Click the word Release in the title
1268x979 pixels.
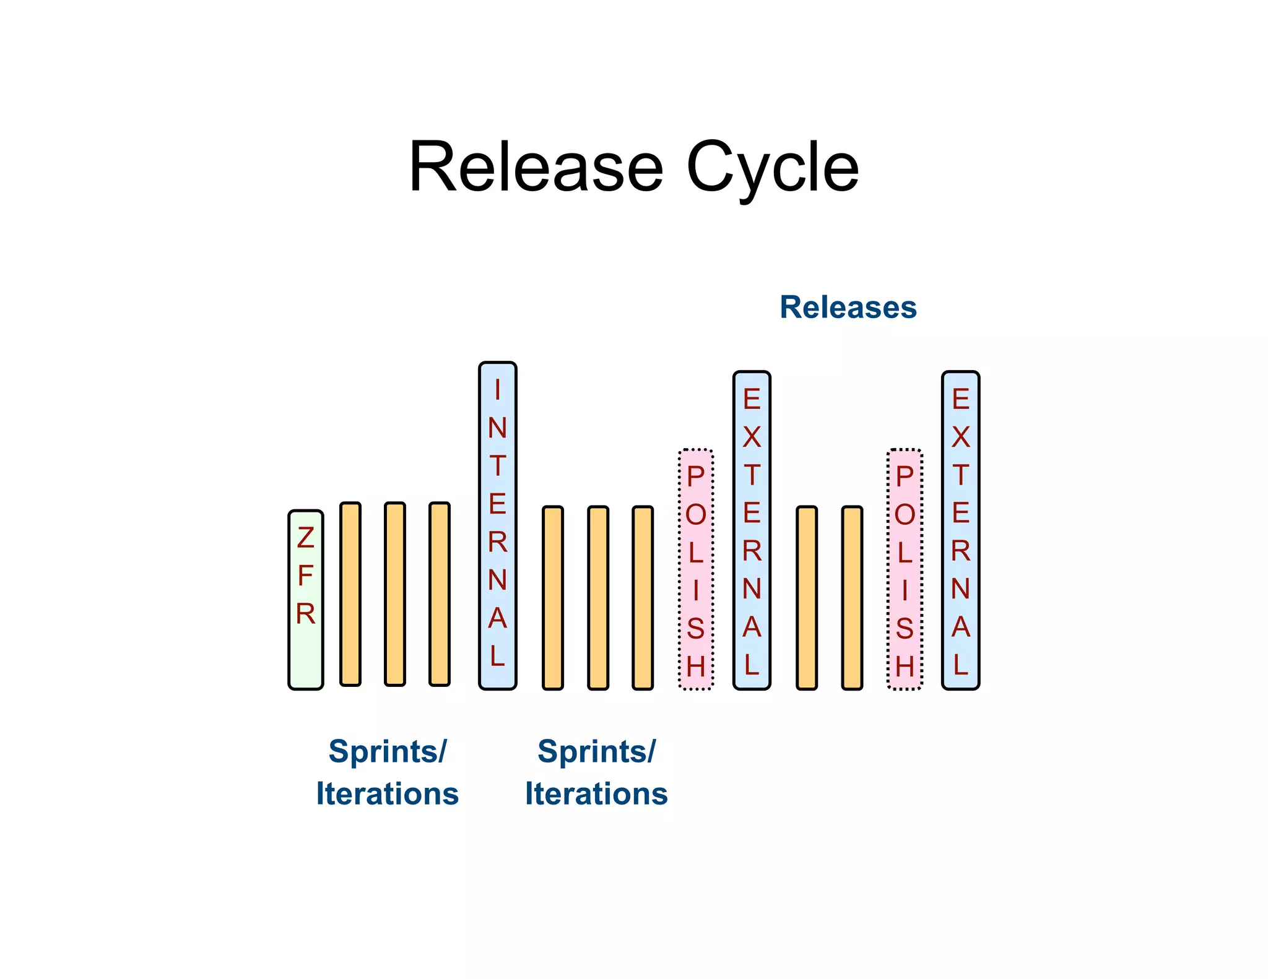[x=536, y=168]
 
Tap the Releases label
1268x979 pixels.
[x=848, y=308]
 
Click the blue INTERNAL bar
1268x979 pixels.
[x=497, y=526]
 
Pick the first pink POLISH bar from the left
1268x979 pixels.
[x=696, y=569]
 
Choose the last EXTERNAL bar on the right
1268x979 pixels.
[x=960, y=530]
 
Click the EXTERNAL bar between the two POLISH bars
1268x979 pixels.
[x=752, y=530]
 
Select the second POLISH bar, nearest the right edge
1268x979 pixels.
[x=905, y=569]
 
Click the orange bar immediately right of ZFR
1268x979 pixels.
[x=350, y=594]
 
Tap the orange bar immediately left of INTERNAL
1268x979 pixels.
[x=440, y=594]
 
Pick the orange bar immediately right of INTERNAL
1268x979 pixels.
[x=553, y=598]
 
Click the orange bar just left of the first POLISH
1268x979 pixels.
[x=643, y=598]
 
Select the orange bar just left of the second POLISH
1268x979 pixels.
[x=852, y=598]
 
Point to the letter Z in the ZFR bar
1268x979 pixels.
[x=305, y=538]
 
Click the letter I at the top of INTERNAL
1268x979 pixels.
[x=497, y=390]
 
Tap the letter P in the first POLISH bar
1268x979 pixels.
[x=696, y=477]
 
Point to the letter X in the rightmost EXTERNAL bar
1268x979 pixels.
[x=960, y=438]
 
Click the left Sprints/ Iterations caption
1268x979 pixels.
[x=388, y=772]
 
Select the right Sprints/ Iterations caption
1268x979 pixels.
[x=596, y=772]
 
